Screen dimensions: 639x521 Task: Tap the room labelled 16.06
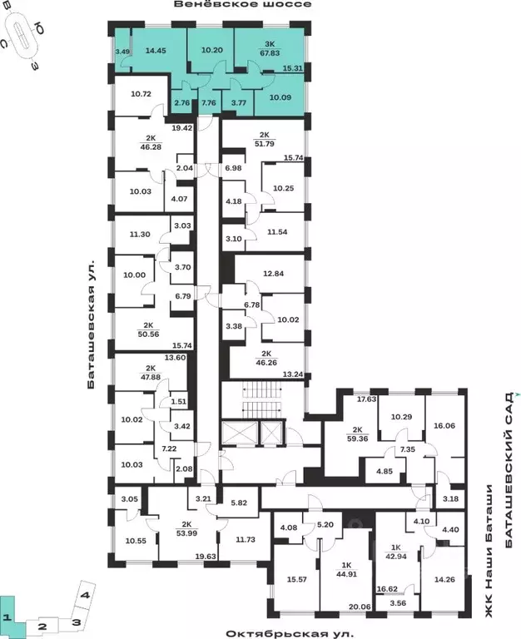coord(443,424)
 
